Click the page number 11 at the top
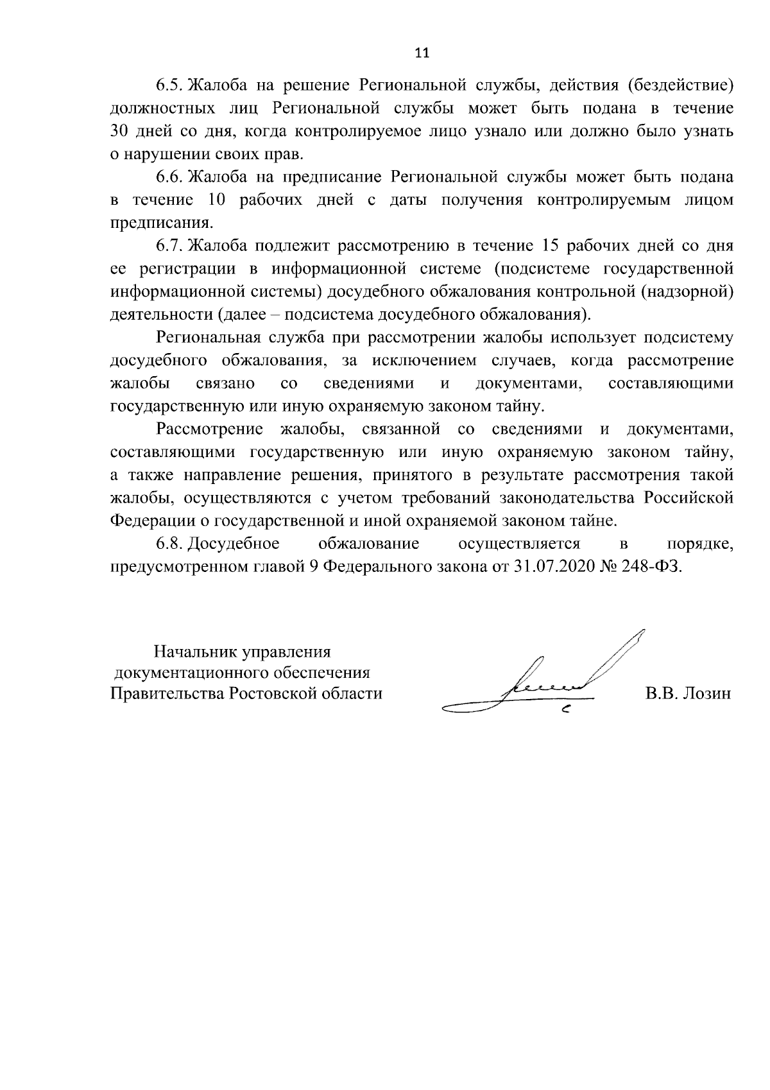pos(422,53)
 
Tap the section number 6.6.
pos(171,176)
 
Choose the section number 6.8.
pos(171,544)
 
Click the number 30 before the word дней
pos(120,131)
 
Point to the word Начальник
pos(193,652)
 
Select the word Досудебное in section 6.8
pos(235,544)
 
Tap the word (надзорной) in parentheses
pos(687,291)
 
